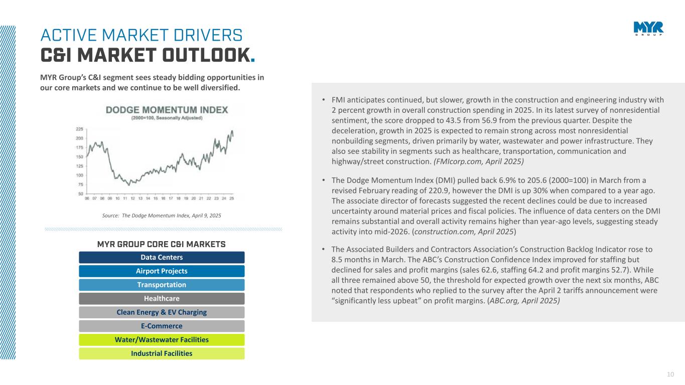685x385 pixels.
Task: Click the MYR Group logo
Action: click(648, 29)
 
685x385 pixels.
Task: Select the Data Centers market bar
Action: click(162, 258)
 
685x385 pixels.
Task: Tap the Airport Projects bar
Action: click(162, 271)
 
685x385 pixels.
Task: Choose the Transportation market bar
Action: click(162, 285)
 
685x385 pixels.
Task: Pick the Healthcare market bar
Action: click(162, 299)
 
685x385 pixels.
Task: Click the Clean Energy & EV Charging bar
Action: click(162, 312)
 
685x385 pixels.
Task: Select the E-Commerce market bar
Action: click(162, 326)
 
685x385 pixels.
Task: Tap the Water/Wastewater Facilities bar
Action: click(162, 340)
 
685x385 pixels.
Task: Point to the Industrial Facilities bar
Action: click(162, 353)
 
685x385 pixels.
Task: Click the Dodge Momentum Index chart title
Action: click(166, 109)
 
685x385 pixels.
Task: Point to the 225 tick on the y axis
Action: click(79, 129)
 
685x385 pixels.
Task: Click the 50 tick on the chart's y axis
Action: click(81, 194)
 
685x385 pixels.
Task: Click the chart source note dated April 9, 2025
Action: click(158, 215)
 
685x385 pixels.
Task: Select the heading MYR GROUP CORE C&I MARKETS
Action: click(161, 244)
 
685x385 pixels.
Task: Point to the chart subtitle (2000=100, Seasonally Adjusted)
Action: click(167, 118)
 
